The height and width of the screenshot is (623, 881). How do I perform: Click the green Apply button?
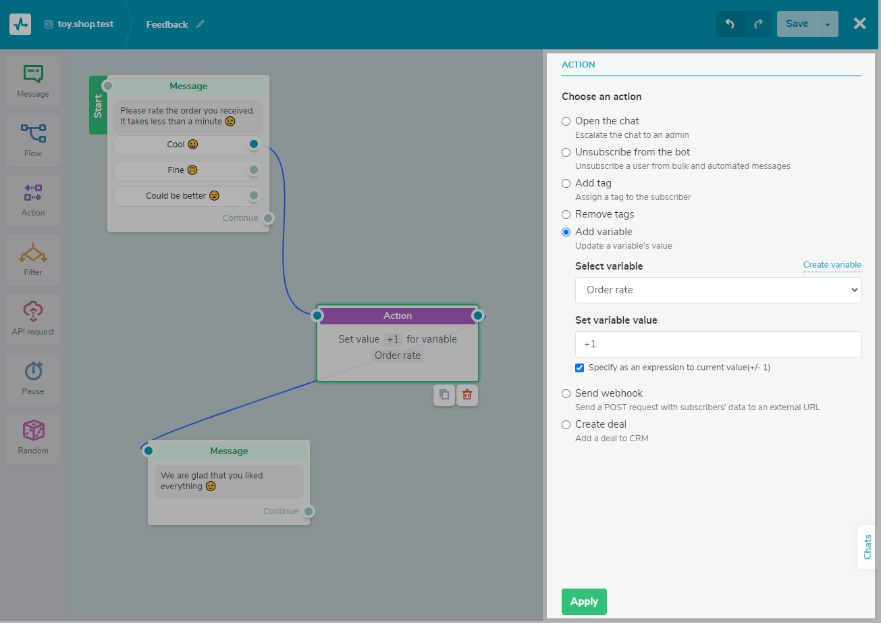click(584, 601)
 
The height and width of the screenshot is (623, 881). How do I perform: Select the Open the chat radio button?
click(566, 121)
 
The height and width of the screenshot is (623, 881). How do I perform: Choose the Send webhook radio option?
click(566, 393)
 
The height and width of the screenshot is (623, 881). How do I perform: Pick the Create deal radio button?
click(566, 424)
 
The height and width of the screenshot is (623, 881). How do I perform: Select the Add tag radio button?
click(566, 183)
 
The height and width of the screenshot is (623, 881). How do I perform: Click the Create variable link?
click(832, 265)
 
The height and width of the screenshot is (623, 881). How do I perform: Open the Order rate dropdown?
click(718, 290)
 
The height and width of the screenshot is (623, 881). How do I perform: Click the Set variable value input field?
click(718, 344)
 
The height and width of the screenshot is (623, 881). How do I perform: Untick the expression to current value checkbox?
click(579, 368)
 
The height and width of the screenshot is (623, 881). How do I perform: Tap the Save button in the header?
click(797, 24)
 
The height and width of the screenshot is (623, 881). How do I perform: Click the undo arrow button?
click(730, 24)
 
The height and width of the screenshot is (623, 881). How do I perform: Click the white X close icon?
click(860, 24)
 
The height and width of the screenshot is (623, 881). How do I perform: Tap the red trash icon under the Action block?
click(467, 395)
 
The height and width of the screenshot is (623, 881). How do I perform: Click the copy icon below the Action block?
click(444, 395)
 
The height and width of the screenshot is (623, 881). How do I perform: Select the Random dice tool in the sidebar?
click(33, 438)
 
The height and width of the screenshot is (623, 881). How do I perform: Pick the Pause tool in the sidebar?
click(33, 378)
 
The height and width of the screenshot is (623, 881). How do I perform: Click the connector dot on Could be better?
click(254, 195)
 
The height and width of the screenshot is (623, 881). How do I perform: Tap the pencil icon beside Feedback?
click(201, 24)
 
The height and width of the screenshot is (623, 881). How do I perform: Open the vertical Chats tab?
click(867, 547)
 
